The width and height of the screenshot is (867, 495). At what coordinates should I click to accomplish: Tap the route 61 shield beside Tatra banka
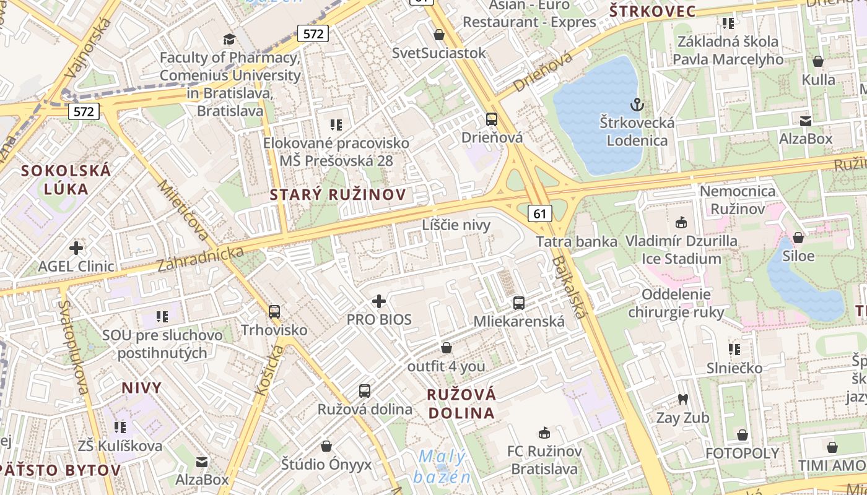pyautogui.click(x=540, y=213)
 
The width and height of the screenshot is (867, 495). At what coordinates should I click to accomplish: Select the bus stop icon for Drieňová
pyautogui.click(x=492, y=119)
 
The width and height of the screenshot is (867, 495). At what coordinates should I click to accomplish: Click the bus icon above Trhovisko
pyautogui.click(x=274, y=312)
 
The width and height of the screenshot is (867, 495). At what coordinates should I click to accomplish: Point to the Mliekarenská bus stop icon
pyautogui.click(x=519, y=303)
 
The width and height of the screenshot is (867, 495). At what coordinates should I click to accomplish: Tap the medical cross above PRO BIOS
pyautogui.click(x=379, y=301)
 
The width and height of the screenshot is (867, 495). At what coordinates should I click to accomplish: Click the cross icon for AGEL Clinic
pyautogui.click(x=76, y=248)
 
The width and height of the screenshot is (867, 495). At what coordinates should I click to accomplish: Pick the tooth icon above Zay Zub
pyautogui.click(x=683, y=400)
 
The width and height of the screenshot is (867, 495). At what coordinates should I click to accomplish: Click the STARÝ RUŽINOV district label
pyautogui.click(x=338, y=195)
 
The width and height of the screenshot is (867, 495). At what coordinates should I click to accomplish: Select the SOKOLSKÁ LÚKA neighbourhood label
pyautogui.click(x=66, y=179)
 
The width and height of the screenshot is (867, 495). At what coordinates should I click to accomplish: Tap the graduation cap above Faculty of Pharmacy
pyautogui.click(x=229, y=40)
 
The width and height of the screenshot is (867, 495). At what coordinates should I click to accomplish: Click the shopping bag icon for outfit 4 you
pyautogui.click(x=446, y=348)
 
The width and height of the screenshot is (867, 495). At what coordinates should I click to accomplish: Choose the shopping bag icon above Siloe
pyautogui.click(x=798, y=238)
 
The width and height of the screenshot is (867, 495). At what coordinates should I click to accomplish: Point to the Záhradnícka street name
pyautogui.click(x=201, y=259)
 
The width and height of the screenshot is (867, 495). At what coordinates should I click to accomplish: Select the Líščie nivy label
pyautogui.click(x=456, y=225)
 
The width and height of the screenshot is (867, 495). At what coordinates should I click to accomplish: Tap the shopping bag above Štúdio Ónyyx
pyautogui.click(x=326, y=446)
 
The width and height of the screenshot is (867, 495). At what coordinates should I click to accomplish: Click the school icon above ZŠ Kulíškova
pyautogui.click(x=120, y=427)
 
